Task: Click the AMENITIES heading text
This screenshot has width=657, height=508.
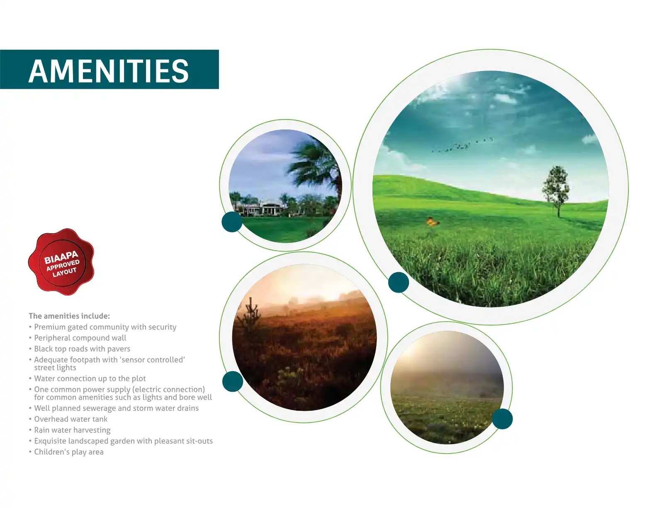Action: point(109,71)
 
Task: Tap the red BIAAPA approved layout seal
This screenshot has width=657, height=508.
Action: point(61,262)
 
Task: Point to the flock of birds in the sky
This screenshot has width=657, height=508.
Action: point(462,145)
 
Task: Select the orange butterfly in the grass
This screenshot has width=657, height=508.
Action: point(432,222)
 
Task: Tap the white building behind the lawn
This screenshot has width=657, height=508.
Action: point(263,209)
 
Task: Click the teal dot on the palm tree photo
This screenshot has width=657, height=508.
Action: point(232,222)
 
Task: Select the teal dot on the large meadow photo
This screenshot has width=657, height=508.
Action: point(399,282)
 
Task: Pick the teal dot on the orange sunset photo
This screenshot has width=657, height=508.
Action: point(233,381)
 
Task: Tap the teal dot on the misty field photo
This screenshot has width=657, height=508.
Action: point(502,419)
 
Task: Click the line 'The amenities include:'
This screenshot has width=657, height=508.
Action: point(69,316)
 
